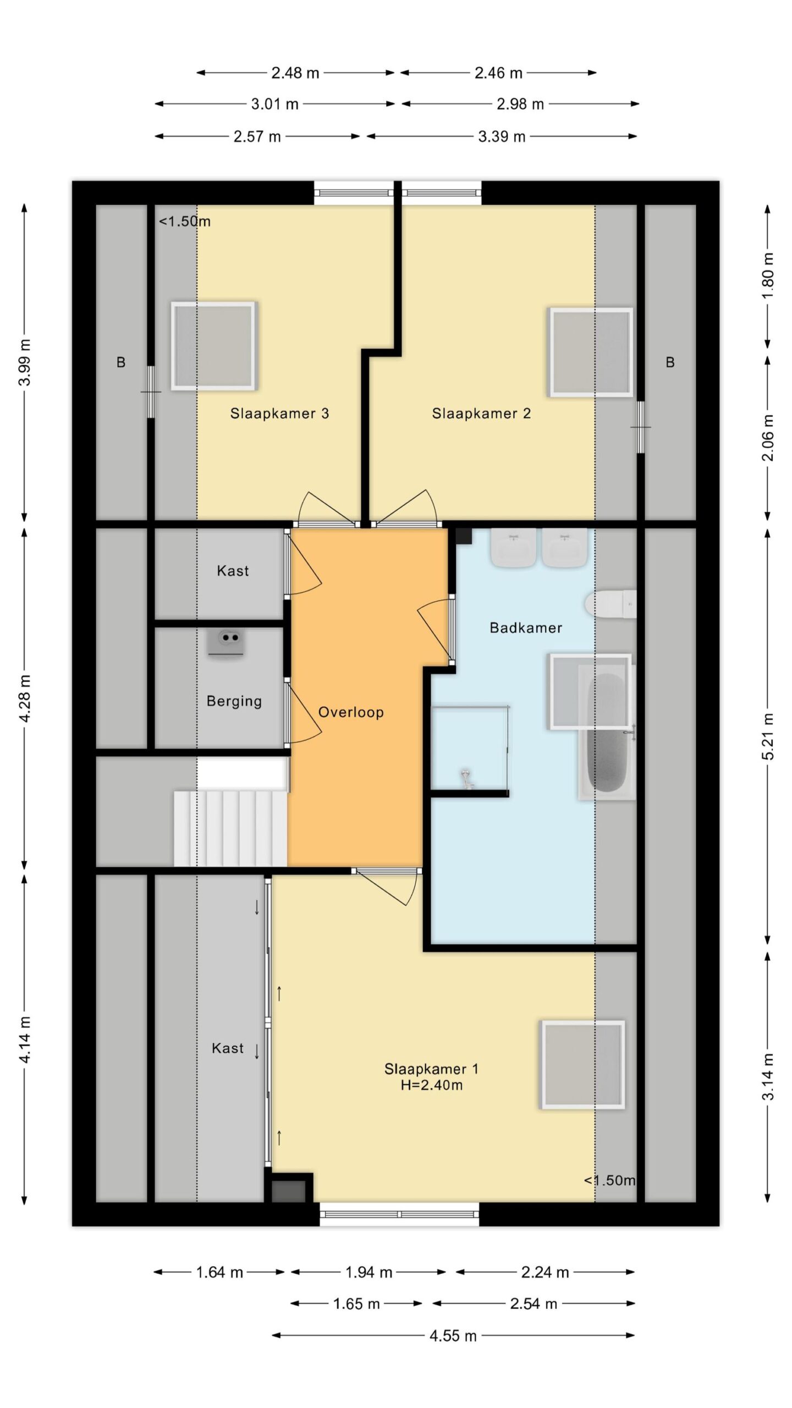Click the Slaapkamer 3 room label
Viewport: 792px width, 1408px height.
pyautogui.click(x=279, y=414)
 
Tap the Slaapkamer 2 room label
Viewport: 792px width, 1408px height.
pyautogui.click(x=481, y=414)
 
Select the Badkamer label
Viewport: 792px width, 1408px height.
pyautogui.click(x=526, y=628)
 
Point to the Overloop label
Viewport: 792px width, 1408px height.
pyautogui.click(x=351, y=712)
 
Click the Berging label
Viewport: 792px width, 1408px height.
pyautogui.click(x=234, y=701)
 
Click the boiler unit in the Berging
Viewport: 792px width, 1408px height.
pyautogui.click(x=226, y=642)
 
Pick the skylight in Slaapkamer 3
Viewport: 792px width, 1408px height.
pyautogui.click(x=213, y=346)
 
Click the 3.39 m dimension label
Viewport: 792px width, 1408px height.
pyautogui.click(x=502, y=136)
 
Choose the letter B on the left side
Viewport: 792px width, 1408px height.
pyautogui.click(x=121, y=362)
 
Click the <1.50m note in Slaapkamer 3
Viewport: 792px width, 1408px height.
pyautogui.click(x=185, y=222)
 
